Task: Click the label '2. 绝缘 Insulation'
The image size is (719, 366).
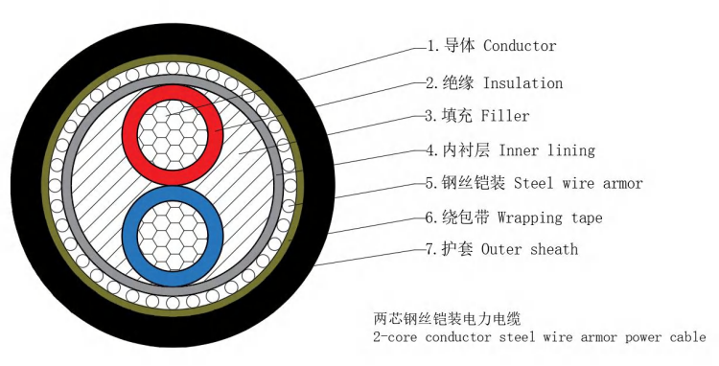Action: (494, 83)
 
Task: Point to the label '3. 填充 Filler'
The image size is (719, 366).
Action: (477, 116)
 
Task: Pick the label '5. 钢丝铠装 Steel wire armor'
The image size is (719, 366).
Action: (534, 183)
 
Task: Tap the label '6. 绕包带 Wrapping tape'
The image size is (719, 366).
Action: (514, 217)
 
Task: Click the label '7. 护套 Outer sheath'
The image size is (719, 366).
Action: (502, 249)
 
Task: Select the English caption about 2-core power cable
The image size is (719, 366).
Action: (538, 336)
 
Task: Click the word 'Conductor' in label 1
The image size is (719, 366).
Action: (520, 46)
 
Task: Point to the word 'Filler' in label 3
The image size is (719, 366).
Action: (506, 116)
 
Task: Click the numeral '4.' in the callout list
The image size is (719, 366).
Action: (432, 150)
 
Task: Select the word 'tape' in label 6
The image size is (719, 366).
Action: (585, 218)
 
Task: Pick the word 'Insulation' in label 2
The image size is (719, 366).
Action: (522, 83)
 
